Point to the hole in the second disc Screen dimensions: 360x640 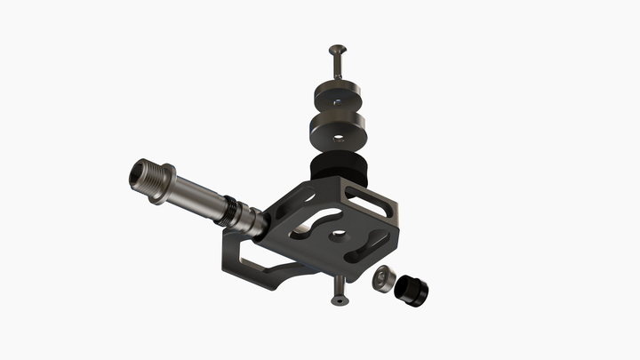338,139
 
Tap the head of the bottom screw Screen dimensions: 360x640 338,300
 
